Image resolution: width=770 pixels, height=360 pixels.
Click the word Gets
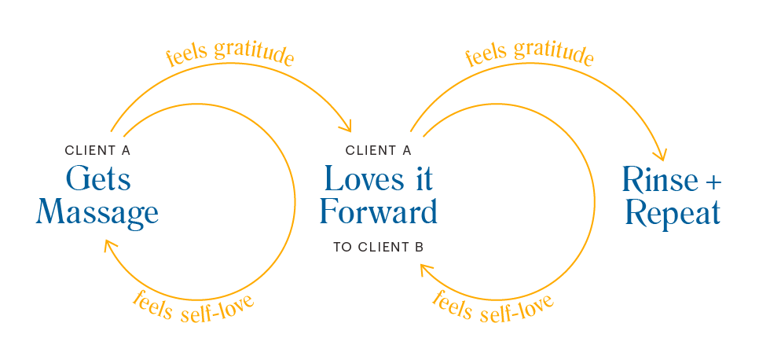click(97, 180)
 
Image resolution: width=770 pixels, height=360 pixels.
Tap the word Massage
click(97, 213)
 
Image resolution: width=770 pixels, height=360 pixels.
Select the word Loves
click(358, 180)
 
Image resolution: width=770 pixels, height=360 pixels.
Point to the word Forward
click(379, 213)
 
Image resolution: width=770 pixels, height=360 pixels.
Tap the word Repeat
click(673, 214)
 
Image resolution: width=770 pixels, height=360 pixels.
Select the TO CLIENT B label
click(379, 248)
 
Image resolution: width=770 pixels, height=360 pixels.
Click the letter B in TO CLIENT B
click(420, 248)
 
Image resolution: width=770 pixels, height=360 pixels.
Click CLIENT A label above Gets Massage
click(97, 149)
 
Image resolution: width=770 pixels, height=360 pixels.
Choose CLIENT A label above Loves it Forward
click(379, 149)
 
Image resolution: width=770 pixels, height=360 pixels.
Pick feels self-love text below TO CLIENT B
click(493, 307)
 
